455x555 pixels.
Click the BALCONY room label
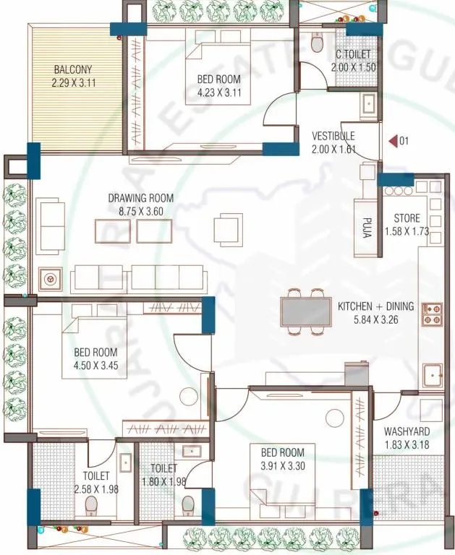pyautogui.click(x=74, y=70)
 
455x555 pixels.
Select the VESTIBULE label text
pyautogui.click(x=333, y=136)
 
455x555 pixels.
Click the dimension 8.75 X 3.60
pyautogui.click(x=140, y=210)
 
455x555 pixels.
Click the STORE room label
pyautogui.click(x=407, y=218)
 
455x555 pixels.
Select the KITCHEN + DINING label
pyautogui.click(x=376, y=306)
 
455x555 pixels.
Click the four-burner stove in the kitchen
pyautogui.click(x=432, y=313)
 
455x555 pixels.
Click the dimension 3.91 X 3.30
pyautogui.click(x=287, y=466)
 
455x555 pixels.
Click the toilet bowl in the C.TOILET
pyautogui.click(x=317, y=43)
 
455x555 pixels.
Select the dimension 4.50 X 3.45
pyautogui.click(x=95, y=365)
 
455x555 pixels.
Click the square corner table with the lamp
pyautogui.click(x=51, y=277)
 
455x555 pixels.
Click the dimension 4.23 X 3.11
pyautogui.click(x=218, y=92)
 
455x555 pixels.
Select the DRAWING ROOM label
pyautogui.click(x=140, y=198)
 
